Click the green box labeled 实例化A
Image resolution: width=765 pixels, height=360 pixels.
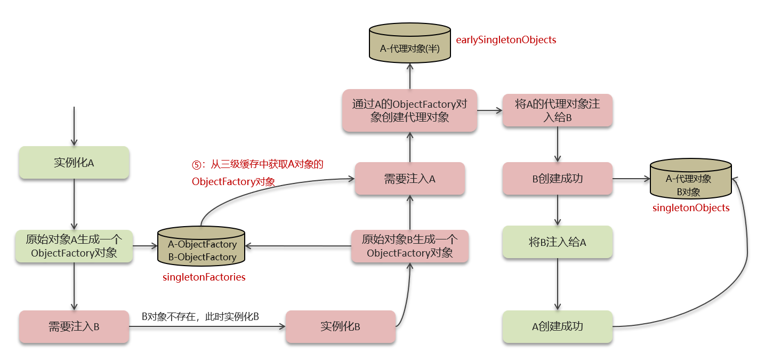pyautogui.click(x=74, y=163)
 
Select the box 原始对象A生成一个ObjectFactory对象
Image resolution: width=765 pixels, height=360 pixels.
pyautogui.click(x=74, y=246)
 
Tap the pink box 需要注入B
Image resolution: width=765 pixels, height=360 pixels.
pyautogui.click(x=74, y=326)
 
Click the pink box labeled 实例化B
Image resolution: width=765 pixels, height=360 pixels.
pyautogui.click(x=340, y=326)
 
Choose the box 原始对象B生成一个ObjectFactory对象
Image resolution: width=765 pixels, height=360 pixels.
pyautogui.click(x=409, y=246)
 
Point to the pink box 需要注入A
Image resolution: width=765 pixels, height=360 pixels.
pyautogui.click(x=409, y=179)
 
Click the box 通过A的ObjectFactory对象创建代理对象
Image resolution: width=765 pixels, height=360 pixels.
pyautogui.click(x=409, y=110)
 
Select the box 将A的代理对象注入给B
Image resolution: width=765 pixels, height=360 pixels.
pyautogui.click(x=558, y=110)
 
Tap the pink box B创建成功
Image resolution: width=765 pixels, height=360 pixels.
pyautogui.click(x=558, y=179)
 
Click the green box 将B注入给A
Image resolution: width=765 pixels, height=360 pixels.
pyautogui.click(x=558, y=243)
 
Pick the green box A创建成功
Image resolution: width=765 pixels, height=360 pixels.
pyautogui.click(x=558, y=326)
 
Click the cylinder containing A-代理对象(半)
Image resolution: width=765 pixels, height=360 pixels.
pyautogui.click(x=409, y=47)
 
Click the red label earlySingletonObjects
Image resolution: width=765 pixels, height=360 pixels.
pyautogui.click(x=506, y=40)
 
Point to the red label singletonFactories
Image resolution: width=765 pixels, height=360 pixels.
pyautogui.click(x=204, y=277)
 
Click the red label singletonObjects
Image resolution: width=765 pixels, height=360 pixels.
pyautogui.click(x=691, y=208)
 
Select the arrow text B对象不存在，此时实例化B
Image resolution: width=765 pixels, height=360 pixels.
pyautogui.click(x=200, y=317)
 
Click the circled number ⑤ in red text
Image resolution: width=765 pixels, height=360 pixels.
pyautogui.click(x=196, y=165)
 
